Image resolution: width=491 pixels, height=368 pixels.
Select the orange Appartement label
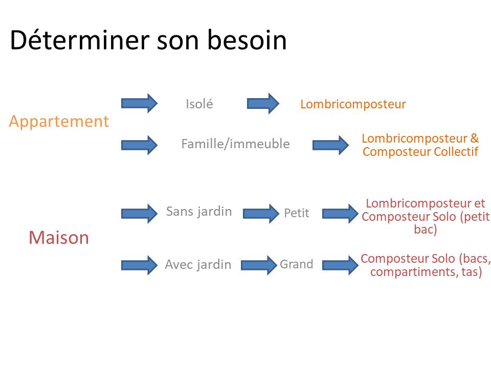[59, 122]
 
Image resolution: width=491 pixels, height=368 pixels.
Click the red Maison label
[59, 237]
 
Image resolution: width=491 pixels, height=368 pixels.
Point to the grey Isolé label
[199, 104]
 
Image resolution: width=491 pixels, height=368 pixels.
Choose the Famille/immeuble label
[235, 144]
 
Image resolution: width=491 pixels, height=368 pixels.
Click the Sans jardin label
[199, 212]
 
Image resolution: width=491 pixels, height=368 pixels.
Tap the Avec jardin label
[198, 265]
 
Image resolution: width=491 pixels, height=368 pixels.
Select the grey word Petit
[297, 213]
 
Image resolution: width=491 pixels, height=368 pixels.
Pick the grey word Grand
[297, 264]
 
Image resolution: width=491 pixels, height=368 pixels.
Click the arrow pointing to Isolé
[139, 103]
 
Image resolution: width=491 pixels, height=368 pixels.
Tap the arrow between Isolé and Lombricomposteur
[263, 103]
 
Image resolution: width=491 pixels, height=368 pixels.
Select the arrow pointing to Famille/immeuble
[139, 145]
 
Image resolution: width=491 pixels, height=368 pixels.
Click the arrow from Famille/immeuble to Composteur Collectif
[331, 145]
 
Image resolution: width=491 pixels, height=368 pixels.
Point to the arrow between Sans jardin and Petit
[261, 214]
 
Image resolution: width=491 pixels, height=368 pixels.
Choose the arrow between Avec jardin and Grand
[259, 265]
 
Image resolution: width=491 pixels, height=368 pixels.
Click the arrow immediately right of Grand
[341, 265]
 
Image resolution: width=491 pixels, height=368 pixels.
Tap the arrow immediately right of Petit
[341, 214]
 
